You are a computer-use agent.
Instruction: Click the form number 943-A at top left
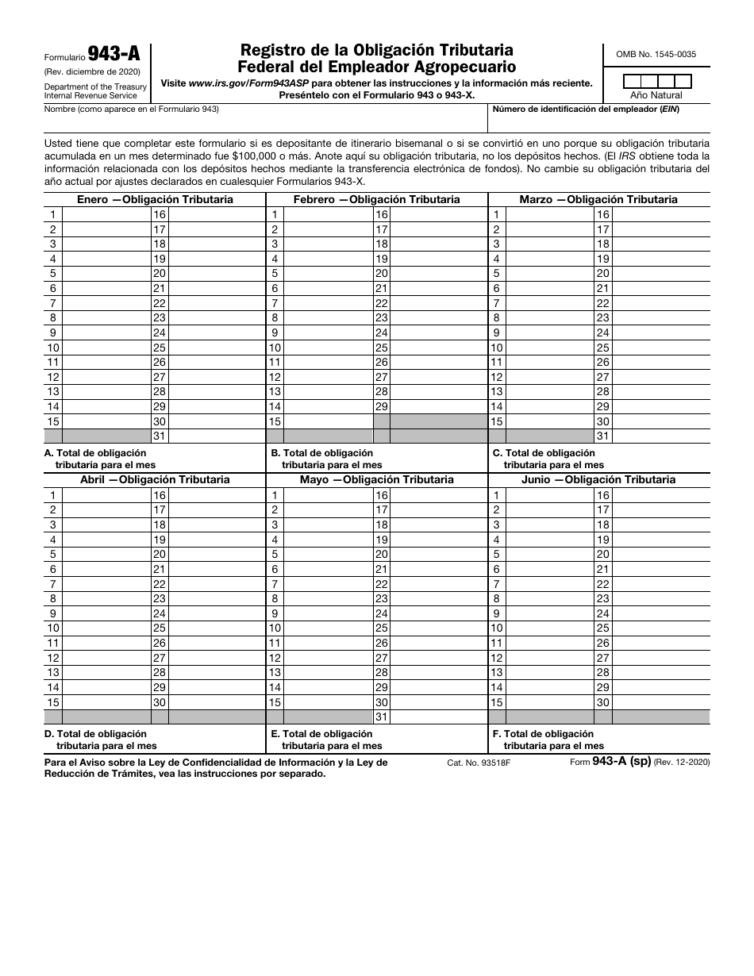pos(113,55)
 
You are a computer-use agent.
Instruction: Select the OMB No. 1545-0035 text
pos(656,54)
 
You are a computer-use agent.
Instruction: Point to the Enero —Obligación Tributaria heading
pos(155,199)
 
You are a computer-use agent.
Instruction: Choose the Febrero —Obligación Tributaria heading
pos(376,199)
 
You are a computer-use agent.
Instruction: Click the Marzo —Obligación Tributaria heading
pos(598,199)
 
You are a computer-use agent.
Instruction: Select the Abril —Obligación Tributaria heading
pos(155,479)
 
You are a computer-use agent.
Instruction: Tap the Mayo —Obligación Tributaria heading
pos(376,479)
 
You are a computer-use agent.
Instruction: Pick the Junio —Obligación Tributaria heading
pos(598,479)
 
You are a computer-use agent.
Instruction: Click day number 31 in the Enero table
pos(160,436)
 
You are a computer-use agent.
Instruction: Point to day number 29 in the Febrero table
pos(381,406)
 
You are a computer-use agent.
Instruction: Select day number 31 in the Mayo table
pos(381,717)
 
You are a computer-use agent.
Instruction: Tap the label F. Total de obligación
pos(548,734)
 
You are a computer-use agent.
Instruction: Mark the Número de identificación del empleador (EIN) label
pos(586,109)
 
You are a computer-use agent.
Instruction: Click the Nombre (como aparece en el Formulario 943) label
pos(131,109)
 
